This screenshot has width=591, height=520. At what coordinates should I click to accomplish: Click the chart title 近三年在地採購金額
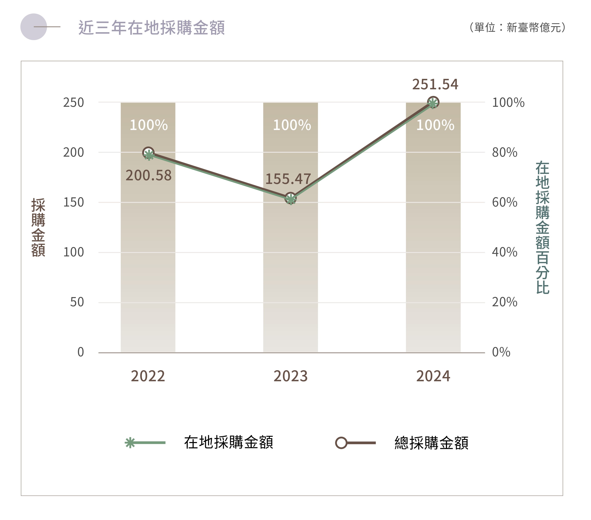tap(151, 28)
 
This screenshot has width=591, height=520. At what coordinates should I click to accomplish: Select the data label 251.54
tap(435, 84)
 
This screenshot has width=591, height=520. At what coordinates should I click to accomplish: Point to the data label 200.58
tap(149, 175)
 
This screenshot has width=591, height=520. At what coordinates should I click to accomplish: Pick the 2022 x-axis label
tap(148, 376)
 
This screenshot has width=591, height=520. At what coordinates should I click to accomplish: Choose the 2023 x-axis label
tap(290, 376)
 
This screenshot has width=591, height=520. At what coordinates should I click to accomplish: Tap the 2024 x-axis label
tap(433, 376)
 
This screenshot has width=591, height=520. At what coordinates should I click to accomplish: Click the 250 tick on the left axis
tap(73, 103)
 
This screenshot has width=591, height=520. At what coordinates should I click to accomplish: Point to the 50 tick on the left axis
tap(77, 302)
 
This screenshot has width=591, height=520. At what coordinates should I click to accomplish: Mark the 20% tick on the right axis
tap(505, 302)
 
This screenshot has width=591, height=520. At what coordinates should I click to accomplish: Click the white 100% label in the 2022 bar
tap(149, 125)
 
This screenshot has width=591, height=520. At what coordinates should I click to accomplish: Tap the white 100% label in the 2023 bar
tap(292, 125)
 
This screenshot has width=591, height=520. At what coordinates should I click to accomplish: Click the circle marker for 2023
tap(290, 198)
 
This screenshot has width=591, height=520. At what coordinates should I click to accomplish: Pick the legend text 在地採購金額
tap(229, 442)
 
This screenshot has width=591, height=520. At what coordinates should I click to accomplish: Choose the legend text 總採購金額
tap(431, 443)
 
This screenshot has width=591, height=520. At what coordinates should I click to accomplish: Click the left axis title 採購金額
tap(38, 227)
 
